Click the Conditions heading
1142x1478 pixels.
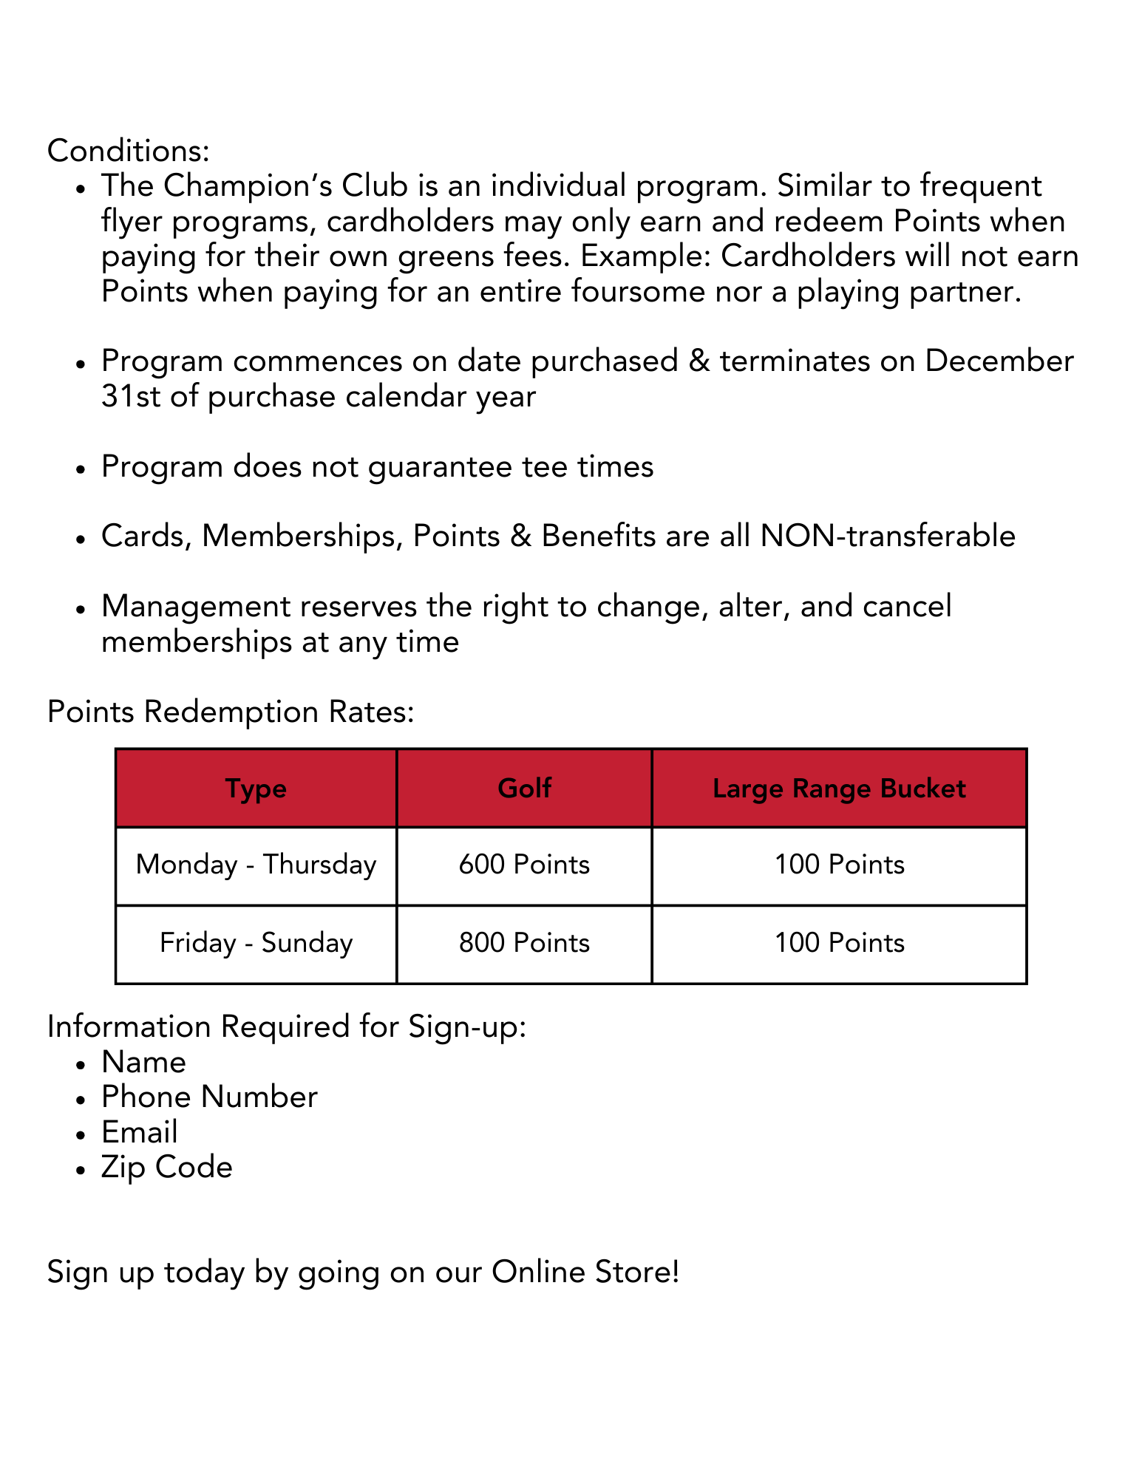click(x=129, y=151)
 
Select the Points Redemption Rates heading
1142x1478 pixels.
click(x=231, y=712)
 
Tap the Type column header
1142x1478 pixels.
click(x=256, y=789)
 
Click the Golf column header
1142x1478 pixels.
click(x=524, y=789)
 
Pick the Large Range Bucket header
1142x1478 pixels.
click(x=839, y=789)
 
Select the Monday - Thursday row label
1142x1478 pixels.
click(x=256, y=865)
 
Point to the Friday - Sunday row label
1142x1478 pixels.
click(x=256, y=943)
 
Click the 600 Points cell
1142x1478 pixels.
click(x=524, y=865)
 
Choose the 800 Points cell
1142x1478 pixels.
click(x=524, y=943)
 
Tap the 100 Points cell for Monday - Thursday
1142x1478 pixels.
click(x=839, y=865)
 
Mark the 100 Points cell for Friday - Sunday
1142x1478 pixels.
click(x=839, y=943)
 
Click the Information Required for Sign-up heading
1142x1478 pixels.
click(x=287, y=1027)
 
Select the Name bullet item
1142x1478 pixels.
click(x=143, y=1063)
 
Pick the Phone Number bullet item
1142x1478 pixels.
click(x=209, y=1097)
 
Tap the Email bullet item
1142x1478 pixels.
click(x=140, y=1133)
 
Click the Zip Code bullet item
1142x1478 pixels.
click(x=167, y=1168)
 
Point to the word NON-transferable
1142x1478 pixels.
click(x=888, y=537)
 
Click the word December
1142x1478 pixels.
click(x=999, y=361)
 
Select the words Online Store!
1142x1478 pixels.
click(x=585, y=1273)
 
